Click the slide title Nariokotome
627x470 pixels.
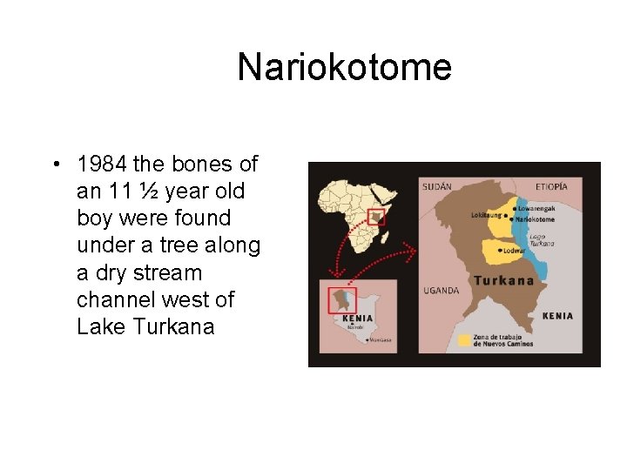coord(344,68)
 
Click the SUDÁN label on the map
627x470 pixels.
coord(436,186)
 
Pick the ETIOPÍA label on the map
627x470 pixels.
coord(552,186)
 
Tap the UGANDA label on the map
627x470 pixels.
coord(441,290)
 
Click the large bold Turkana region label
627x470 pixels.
coord(503,281)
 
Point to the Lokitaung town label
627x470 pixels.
coord(486,215)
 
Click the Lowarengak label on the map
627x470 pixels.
coord(538,209)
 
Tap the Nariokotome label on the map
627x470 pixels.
coord(541,219)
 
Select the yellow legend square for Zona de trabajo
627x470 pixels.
coord(464,340)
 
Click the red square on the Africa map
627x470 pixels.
coord(376,217)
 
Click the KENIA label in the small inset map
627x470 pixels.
coord(359,318)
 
